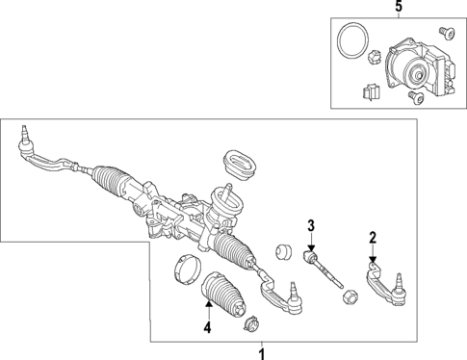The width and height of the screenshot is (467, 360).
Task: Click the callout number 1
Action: tap(259, 352)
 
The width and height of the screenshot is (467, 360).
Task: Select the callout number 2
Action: tap(373, 237)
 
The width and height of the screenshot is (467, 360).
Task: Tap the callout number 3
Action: tap(311, 227)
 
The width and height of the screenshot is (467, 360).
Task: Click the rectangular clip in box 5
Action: tap(366, 94)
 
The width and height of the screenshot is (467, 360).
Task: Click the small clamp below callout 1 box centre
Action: tap(252, 322)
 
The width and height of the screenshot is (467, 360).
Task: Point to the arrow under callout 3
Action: tap(311, 247)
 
